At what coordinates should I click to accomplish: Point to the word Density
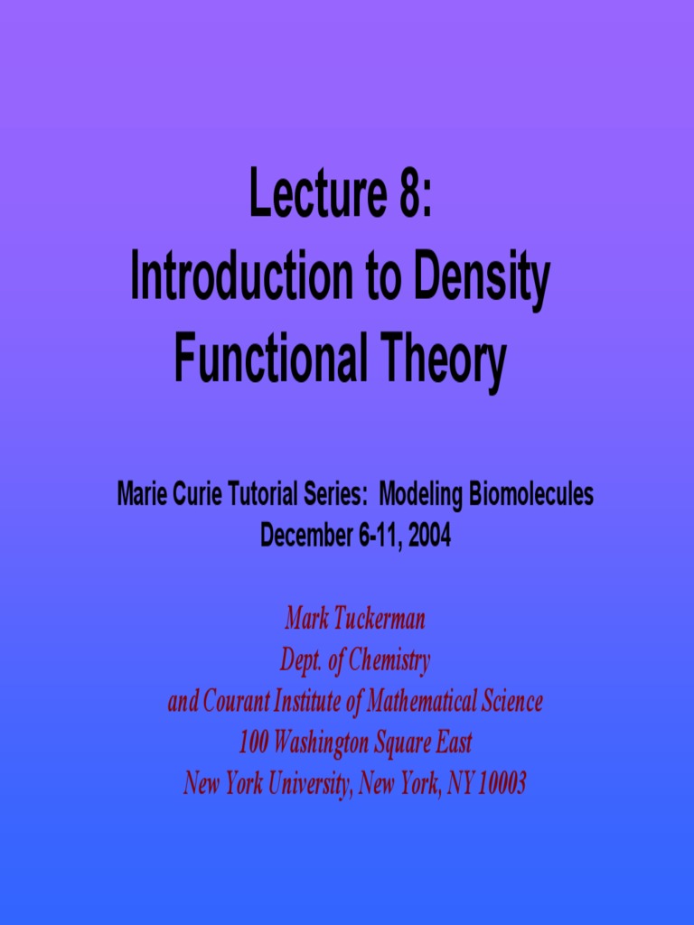pos(481,279)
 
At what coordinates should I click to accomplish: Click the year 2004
pos(429,536)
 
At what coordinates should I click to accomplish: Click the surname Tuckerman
pos(380,619)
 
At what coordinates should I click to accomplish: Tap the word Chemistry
pos(389,660)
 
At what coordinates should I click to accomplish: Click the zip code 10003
pos(501,783)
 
